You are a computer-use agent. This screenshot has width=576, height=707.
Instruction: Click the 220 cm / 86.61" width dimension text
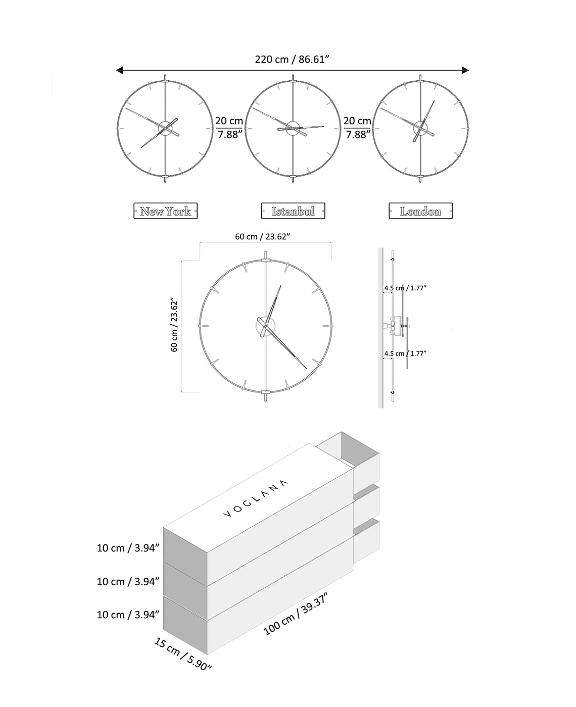pos(292,59)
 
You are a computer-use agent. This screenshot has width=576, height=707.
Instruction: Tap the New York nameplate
pos(165,211)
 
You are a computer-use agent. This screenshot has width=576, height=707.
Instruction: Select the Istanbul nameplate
pos(293,211)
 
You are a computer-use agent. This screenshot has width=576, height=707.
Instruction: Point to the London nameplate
pos(420,211)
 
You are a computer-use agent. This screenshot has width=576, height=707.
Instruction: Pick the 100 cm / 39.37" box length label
pos(296,615)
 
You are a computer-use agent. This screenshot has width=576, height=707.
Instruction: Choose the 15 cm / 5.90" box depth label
pos(182,653)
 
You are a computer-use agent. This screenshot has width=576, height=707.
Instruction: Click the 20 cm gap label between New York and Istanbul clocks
pos(229,127)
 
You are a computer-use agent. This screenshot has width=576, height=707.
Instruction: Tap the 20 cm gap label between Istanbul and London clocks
pos(357,127)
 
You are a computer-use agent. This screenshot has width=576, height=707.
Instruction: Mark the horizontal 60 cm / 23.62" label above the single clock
pos(262,237)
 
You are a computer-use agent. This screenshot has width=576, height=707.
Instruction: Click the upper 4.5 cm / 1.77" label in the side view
pos(405,288)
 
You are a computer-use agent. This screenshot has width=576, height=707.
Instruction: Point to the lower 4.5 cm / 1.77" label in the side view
pos(405,353)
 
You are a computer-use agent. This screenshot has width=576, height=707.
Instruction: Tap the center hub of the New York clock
pos(165,128)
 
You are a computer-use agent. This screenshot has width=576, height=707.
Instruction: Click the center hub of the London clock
pos(420,128)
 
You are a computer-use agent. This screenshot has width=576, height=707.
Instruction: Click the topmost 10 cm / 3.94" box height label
pos(128,548)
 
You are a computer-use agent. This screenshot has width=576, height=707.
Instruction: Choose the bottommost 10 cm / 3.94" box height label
pos(128,615)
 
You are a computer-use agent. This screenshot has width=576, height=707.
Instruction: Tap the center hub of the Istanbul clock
pos(293,128)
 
